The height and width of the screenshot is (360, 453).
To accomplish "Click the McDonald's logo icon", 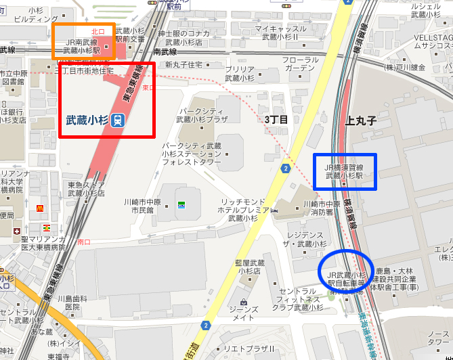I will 41,208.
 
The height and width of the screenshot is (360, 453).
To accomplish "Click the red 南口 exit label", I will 84,242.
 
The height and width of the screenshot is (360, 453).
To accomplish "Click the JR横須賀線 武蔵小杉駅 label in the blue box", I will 345,171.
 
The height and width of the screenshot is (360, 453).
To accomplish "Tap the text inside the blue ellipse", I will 346,279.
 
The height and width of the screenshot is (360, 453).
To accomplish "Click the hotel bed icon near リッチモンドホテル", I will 274,211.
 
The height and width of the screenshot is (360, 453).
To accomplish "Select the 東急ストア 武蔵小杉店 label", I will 86,189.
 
